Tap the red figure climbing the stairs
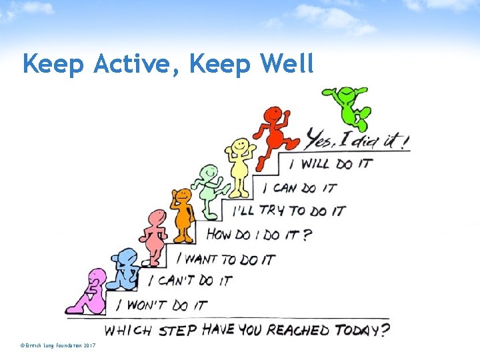275,133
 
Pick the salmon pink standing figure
155,237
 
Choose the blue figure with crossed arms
125,269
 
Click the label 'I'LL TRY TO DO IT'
289,211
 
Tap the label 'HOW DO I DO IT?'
258,235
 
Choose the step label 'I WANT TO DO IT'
229,258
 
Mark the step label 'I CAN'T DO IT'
189,281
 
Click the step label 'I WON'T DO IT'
161,305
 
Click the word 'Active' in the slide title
137,64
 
